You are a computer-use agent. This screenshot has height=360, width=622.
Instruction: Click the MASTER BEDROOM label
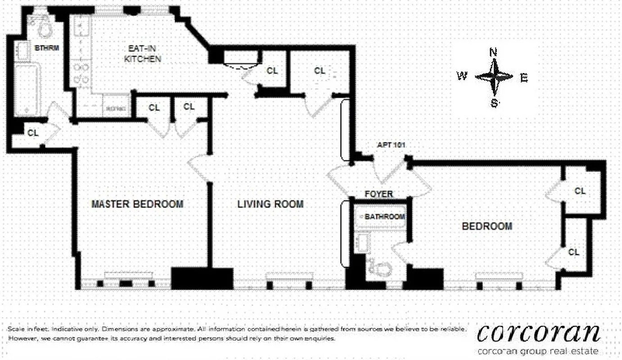[x=137, y=204]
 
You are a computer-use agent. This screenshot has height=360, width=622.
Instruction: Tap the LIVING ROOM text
[x=270, y=204]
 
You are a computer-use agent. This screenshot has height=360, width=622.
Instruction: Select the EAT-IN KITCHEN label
[x=143, y=54]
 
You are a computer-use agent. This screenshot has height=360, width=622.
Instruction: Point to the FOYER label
[x=379, y=194]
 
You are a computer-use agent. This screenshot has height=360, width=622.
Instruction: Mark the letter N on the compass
[x=493, y=52]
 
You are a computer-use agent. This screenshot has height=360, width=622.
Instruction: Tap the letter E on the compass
[x=523, y=78]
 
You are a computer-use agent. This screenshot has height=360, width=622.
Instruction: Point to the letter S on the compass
[x=494, y=103]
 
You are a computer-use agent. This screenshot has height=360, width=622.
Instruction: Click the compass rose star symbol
[x=494, y=77]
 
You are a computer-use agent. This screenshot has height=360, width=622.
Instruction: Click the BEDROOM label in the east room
[x=487, y=226]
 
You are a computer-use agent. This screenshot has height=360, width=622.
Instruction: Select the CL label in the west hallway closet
[x=33, y=133]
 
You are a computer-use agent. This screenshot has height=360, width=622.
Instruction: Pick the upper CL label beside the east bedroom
[x=580, y=191]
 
